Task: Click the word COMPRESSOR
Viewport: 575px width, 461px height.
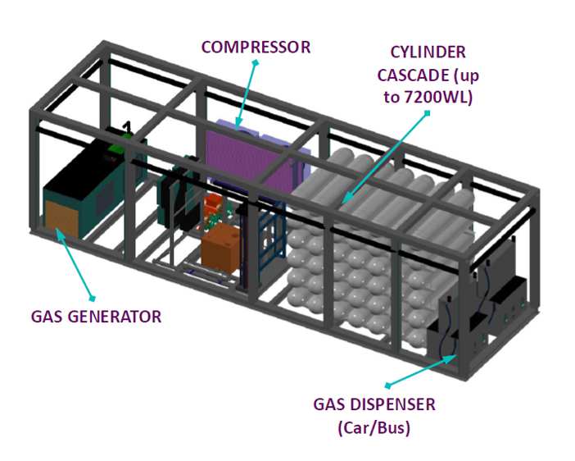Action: (256, 48)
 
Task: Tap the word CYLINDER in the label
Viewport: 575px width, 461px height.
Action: (428, 52)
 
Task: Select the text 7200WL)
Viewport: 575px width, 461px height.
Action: (438, 98)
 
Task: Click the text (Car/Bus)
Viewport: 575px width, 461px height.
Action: (374, 428)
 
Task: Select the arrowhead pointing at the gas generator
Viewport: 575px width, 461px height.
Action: (60, 232)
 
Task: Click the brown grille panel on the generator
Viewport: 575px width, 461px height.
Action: (61, 218)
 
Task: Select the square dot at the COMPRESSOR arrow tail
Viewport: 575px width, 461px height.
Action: (256, 63)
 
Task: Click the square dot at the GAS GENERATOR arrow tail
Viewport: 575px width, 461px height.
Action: (93, 299)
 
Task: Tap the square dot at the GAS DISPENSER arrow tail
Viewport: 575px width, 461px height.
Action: (387, 386)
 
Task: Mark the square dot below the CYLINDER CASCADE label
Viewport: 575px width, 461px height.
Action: (427, 113)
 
